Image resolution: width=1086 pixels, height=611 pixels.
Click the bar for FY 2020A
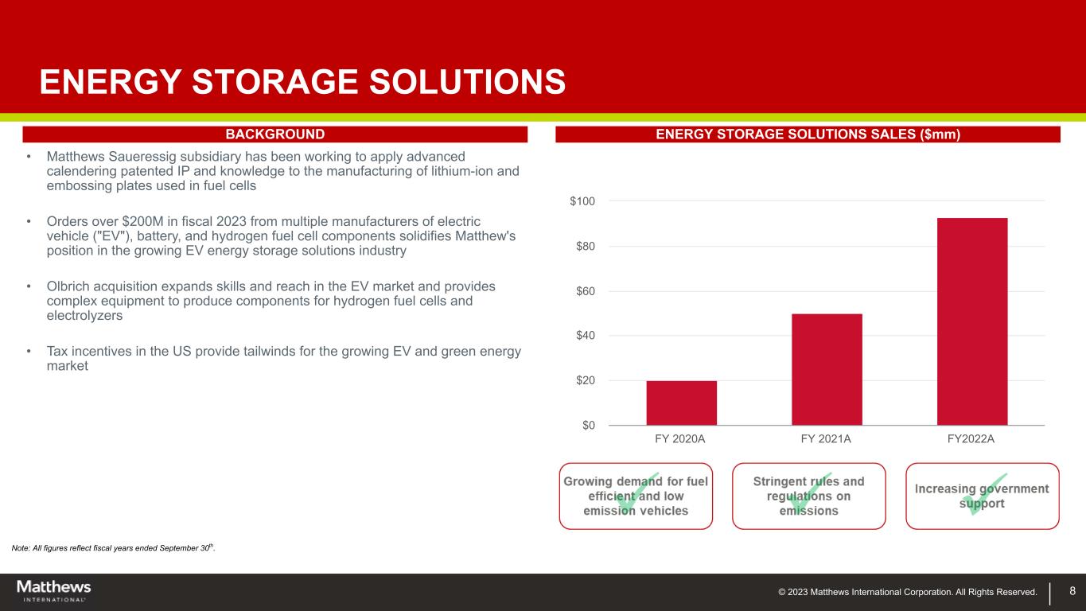[x=681, y=403]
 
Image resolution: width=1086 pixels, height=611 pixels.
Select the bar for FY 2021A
[x=827, y=369]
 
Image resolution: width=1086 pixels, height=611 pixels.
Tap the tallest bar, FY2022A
[x=972, y=321]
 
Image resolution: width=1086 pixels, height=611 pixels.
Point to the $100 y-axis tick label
[x=582, y=201]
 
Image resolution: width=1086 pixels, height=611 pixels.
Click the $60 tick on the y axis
[x=586, y=291]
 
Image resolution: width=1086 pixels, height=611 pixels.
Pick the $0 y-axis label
[x=588, y=426]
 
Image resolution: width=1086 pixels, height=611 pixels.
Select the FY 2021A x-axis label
[x=826, y=439]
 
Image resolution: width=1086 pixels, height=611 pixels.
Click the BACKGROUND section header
[x=275, y=134]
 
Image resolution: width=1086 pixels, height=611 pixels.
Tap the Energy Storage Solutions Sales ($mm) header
[x=808, y=134]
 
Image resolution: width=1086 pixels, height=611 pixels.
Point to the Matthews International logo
[x=54, y=590]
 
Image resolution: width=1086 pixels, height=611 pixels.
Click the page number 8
[x=1072, y=590]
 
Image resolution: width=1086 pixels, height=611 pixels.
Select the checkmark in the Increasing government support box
[x=984, y=493]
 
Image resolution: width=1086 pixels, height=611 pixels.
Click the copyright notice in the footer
[x=908, y=592]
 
